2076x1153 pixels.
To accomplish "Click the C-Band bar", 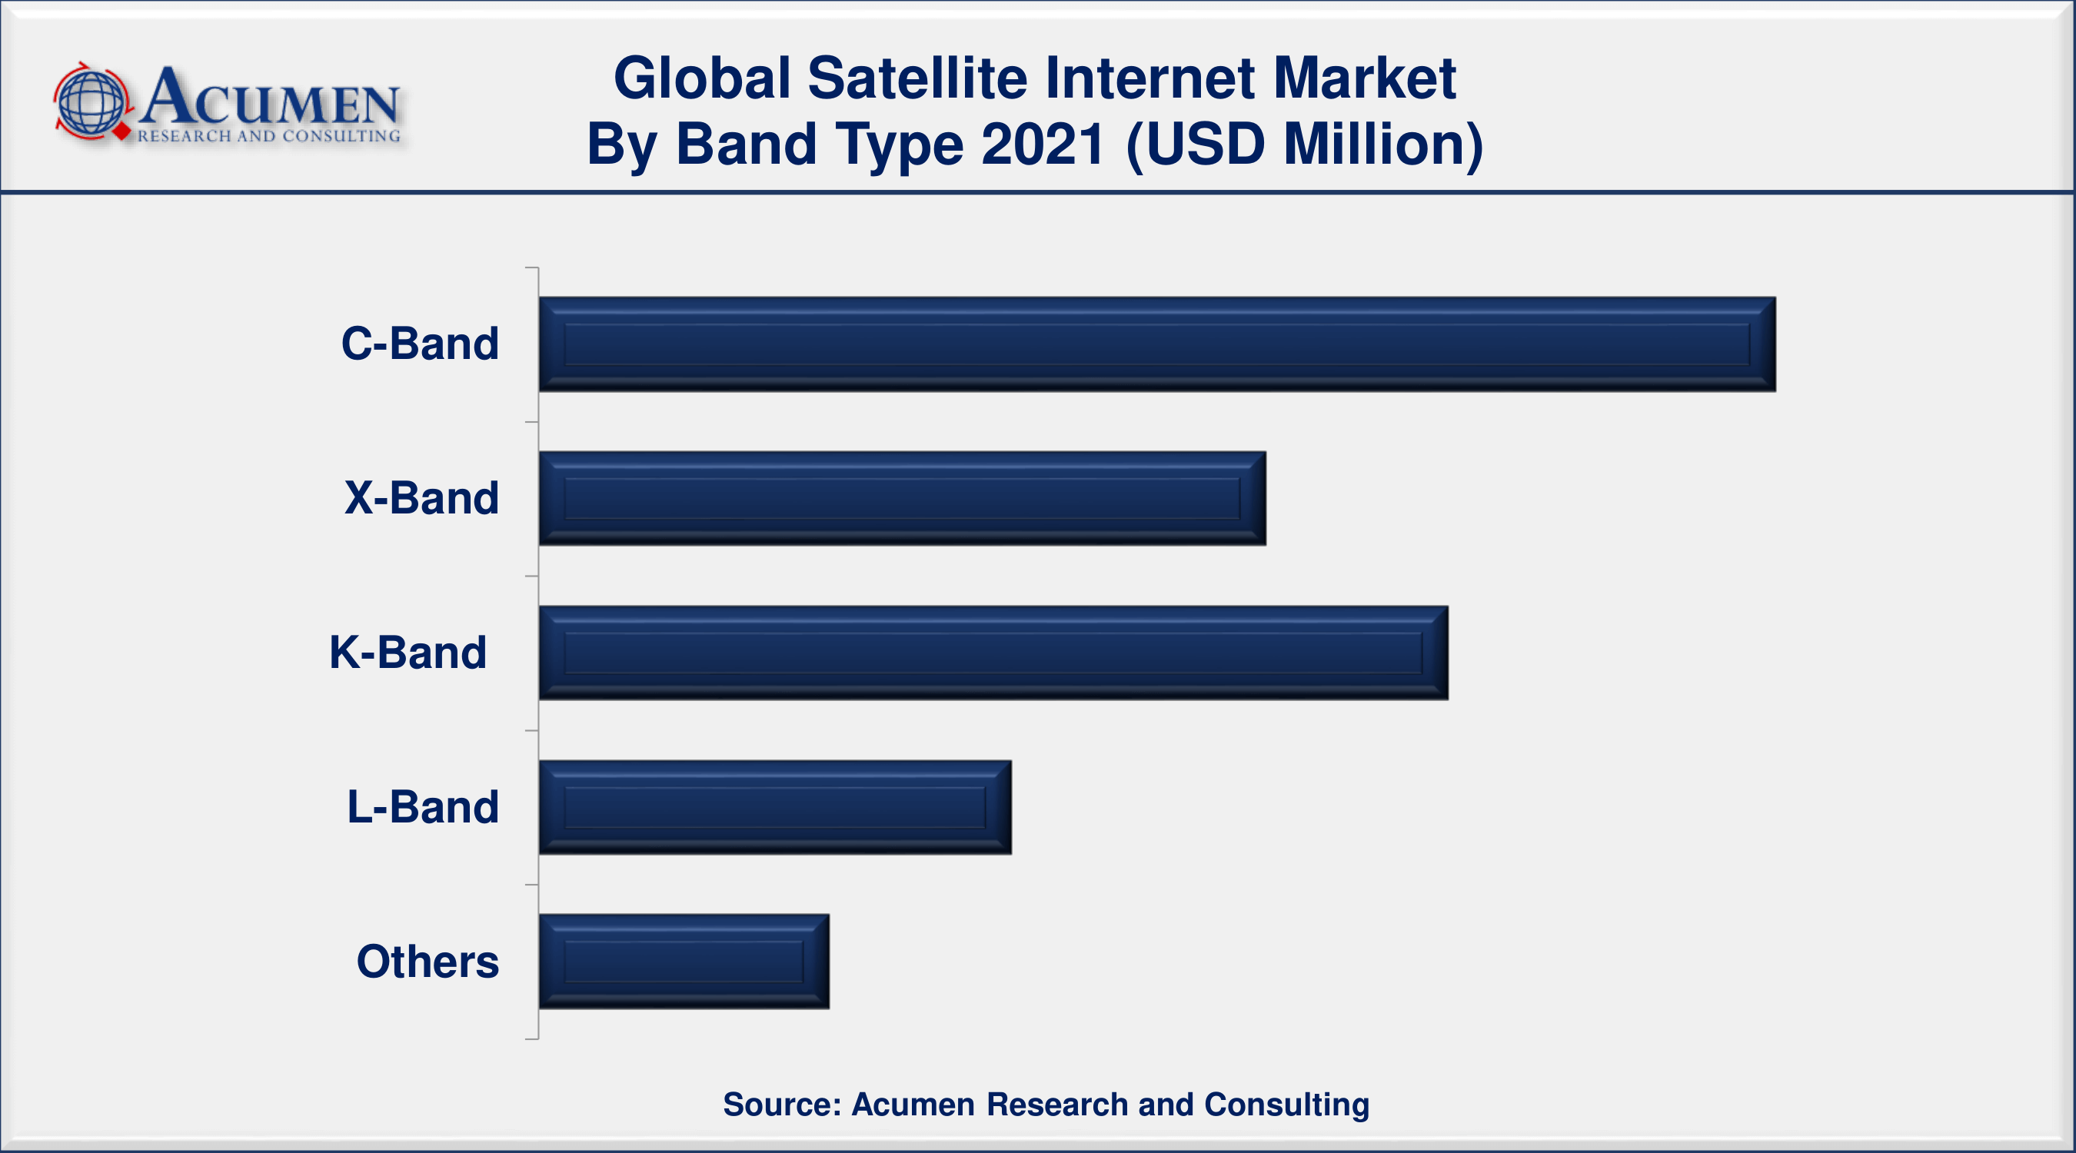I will (x=1156, y=344).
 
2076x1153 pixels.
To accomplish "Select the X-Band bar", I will (x=902, y=498).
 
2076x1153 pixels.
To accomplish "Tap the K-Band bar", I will (x=993, y=653).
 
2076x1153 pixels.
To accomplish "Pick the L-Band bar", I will (x=774, y=807).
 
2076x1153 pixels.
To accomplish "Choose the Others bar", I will (x=684, y=962).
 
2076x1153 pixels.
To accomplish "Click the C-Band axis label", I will (x=420, y=344).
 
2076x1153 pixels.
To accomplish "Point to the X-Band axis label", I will (x=421, y=498).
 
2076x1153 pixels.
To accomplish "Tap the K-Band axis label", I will (x=408, y=653).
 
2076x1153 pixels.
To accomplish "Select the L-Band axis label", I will (x=422, y=807).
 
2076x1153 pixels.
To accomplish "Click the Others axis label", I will (x=428, y=962).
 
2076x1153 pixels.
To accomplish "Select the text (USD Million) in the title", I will (x=1304, y=145).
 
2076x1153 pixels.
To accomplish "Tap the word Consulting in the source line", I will (x=1286, y=1105).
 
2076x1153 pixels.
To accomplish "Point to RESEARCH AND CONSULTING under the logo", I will (x=268, y=136).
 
